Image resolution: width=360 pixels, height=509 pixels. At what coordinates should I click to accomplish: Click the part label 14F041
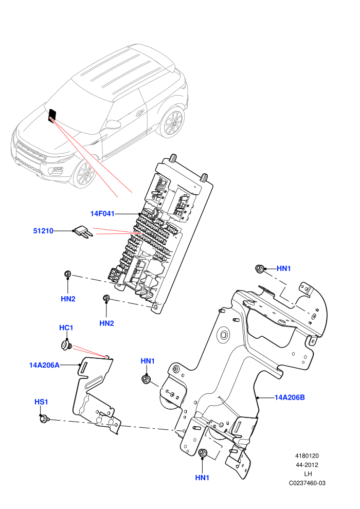click(102, 213)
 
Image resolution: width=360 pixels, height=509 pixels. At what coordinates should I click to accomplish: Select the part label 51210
click(43, 231)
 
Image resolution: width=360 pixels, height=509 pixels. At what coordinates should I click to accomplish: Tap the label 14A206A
click(44, 365)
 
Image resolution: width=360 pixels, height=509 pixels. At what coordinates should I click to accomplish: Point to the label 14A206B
click(290, 397)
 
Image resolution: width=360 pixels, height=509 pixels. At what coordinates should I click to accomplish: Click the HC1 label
click(66, 328)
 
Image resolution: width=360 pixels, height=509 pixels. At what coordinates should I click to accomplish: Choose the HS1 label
click(41, 402)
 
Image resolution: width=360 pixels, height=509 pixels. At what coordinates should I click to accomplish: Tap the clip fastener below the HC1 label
click(66, 345)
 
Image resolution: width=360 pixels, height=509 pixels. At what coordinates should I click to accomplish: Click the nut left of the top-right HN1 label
click(259, 269)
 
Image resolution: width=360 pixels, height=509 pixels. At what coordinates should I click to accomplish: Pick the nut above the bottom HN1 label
click(203, 453)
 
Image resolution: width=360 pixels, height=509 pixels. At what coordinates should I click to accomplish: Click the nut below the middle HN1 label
click(147, 379)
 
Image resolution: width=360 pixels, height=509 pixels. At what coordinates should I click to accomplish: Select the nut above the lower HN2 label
click(106, 298)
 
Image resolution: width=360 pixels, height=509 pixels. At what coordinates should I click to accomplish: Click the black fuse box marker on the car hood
click(52, 116)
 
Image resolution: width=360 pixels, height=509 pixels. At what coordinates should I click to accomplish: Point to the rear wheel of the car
click(172, 123)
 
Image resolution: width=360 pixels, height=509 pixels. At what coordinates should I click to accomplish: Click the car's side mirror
click(113, 124)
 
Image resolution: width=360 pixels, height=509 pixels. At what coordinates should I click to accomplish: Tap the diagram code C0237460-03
click(307, 483)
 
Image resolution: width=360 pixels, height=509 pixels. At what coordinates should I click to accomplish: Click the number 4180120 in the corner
click(307, 456)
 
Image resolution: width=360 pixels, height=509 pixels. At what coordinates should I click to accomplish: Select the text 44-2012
click(307, 465)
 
